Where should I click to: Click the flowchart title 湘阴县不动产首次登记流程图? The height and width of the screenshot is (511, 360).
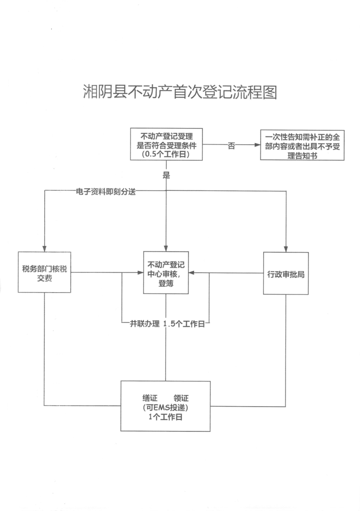pos(180,92)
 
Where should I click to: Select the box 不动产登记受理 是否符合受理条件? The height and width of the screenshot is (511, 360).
pos(166,144)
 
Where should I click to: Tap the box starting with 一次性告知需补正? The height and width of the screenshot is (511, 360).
pos(302,145)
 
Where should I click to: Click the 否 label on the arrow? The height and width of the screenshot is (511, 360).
pos(231,146)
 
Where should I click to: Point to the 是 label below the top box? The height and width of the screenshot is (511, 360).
pos(166,175)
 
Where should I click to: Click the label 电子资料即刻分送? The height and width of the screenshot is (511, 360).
pos(105,191)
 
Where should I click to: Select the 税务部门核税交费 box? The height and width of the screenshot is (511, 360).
pos(44,272)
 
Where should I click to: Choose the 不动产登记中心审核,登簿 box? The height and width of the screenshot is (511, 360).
pos(166,273)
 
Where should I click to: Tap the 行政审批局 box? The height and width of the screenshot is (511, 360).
pos(286,273)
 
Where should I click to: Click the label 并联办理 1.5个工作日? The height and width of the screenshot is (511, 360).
pos(167,324)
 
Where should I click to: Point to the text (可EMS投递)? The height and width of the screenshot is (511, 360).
pos(165,408)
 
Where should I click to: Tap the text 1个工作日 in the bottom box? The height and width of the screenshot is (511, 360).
pos(165,417)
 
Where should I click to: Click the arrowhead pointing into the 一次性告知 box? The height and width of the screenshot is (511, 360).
pos(257,145)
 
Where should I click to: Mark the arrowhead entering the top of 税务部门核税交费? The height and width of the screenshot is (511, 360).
pos(44,249)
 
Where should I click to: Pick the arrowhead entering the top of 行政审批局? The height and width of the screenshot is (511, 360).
pos(286,249)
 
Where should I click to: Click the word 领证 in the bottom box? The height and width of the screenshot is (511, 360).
pos(181,398)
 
